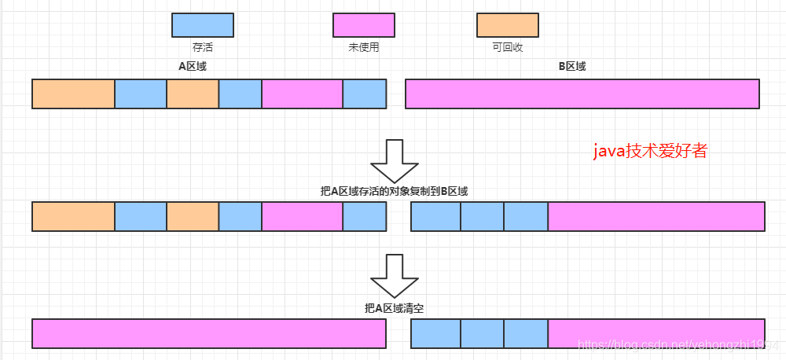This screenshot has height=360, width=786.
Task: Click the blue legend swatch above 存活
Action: click(203, 24)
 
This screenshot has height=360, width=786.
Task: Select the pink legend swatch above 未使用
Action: click(363, 24)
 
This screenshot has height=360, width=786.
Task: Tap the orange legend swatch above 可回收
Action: click(508, 24)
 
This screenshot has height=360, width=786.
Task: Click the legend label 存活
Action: click(203, 47)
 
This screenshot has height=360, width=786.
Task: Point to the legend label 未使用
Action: click(363, 47)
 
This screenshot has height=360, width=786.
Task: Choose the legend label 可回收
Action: click(508, 47)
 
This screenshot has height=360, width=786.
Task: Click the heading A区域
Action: click(193, 66)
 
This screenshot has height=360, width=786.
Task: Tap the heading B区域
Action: click(572, 66)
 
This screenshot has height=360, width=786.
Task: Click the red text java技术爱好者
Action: click(650, 152)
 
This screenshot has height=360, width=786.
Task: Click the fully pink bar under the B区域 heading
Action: click(582, 94)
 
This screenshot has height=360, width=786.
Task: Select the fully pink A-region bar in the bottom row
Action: click(209, 333)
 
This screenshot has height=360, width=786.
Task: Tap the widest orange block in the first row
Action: click(73, 94)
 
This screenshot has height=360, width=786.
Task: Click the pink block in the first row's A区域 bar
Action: click(302, 94)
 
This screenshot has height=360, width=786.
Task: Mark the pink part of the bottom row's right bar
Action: click(656, 333)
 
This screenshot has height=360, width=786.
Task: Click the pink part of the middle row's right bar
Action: click(656, 216)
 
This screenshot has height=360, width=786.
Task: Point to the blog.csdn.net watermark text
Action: click(676, 346)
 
